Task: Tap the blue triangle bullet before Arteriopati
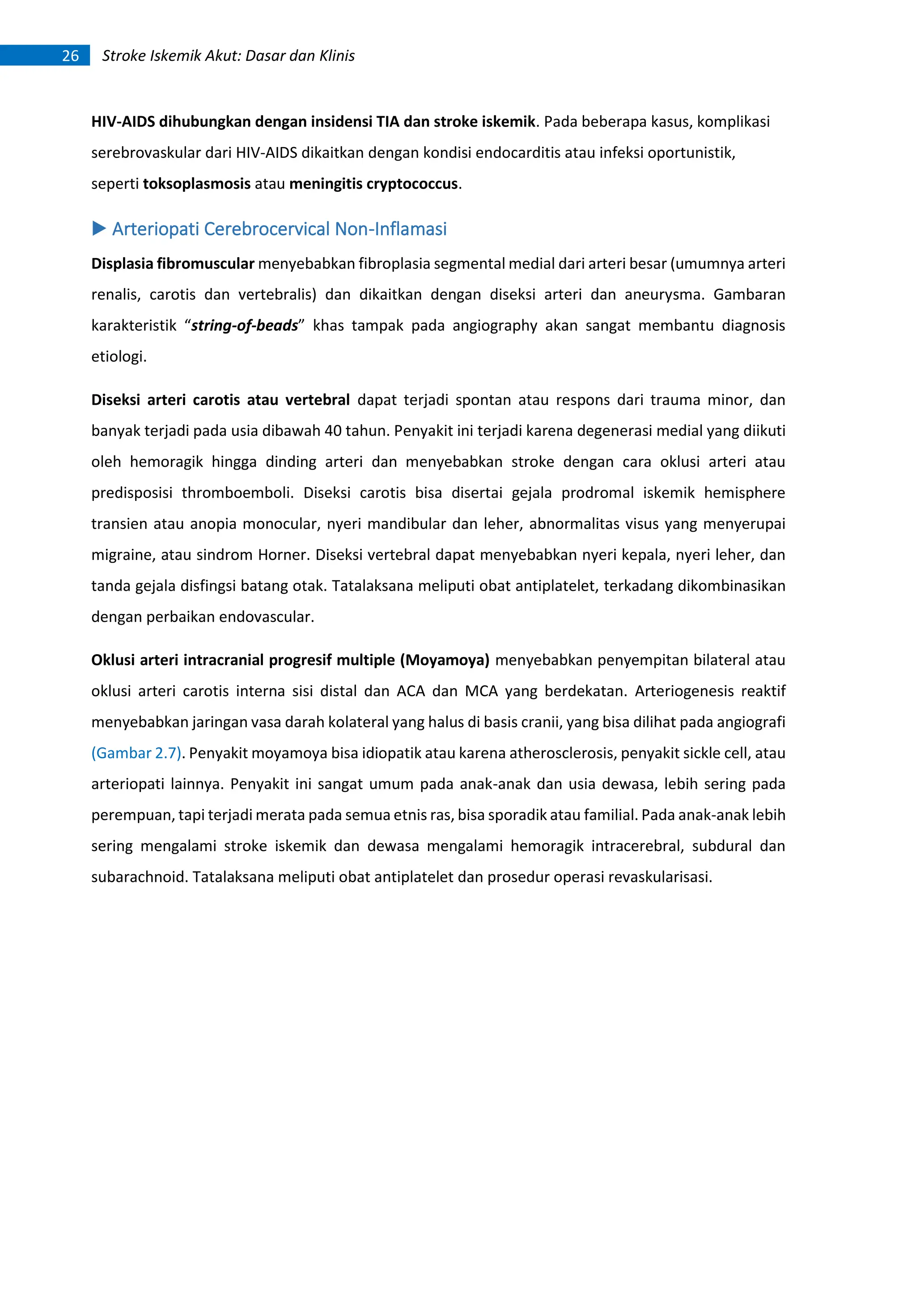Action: pos(99,229)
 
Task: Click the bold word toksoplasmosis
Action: pos(196,184)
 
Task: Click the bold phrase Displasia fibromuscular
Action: pos(173,263)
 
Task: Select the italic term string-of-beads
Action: pos(244,326)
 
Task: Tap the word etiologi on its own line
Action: pos(118,356)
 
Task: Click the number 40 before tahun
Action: pos(333,431)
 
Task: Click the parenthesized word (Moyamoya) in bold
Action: pos(445,660)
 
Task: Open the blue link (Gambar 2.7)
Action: pos(136,753)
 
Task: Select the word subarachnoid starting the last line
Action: pos(138,877)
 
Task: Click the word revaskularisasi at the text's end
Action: pos(659,877)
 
